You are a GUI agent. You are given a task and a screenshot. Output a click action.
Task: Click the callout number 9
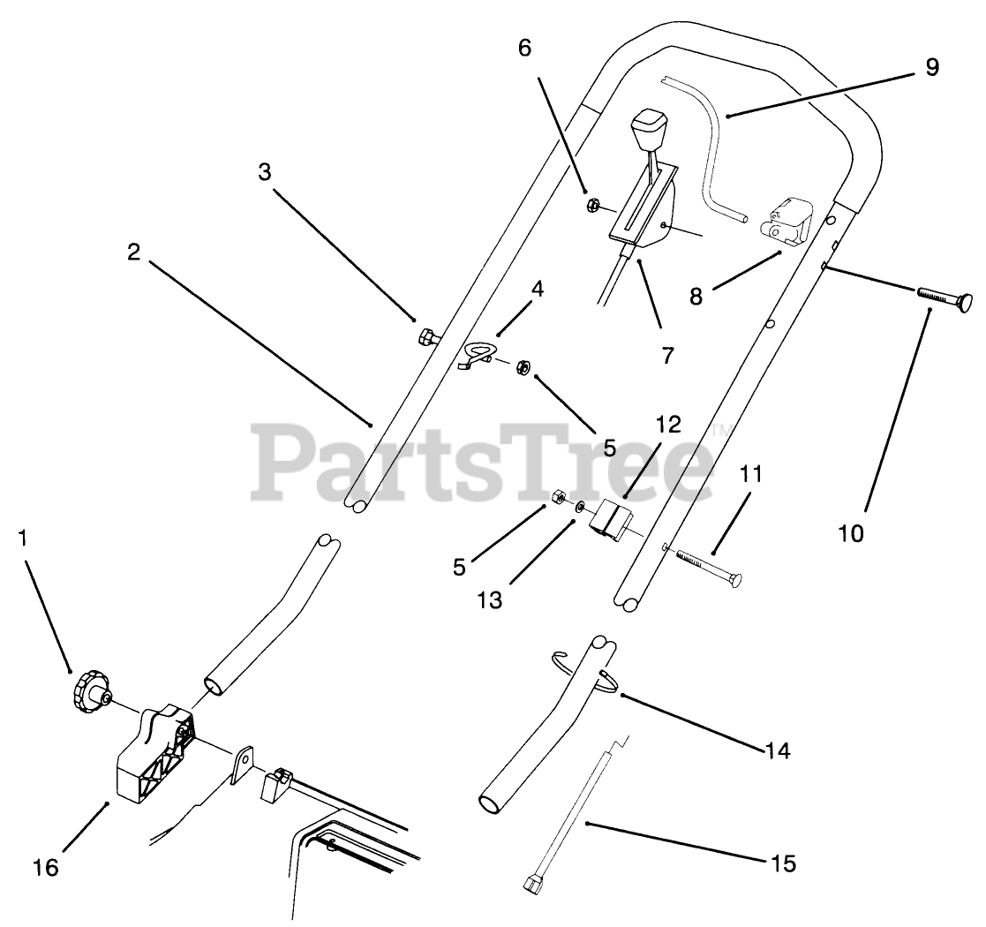(x=932, y=66)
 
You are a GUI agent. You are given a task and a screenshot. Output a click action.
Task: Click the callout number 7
(x=667, y=355)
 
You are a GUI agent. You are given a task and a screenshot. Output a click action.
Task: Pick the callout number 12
(x=669, y=425)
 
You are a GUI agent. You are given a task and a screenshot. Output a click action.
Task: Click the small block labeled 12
(x=611, y=519)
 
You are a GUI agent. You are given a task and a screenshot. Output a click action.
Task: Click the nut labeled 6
(x=593, y=206)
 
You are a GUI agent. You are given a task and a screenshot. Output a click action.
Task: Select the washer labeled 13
(x=578, y=508)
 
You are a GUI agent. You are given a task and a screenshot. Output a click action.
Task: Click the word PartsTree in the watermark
(x=484, y=459)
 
